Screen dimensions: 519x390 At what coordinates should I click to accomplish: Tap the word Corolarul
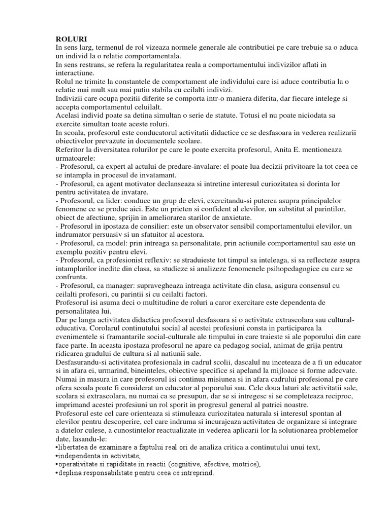tap(79, 328)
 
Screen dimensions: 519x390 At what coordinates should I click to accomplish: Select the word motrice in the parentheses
tap(241, 465)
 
